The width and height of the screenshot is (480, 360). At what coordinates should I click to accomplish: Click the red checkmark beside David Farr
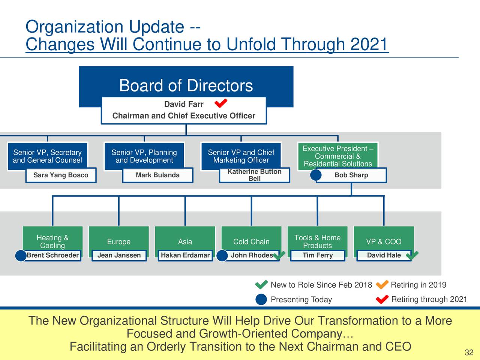(221, 103)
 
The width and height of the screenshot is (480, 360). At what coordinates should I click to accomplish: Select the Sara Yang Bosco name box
(61, 175)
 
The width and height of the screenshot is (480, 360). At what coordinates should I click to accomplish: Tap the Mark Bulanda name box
(157, 175)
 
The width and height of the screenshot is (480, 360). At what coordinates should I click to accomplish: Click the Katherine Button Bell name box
(254, 175)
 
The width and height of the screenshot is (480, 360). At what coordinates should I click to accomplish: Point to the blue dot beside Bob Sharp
(316, 175)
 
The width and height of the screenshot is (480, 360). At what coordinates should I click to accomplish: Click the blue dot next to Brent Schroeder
(21, 256)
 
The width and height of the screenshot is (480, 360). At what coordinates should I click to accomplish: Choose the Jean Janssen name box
(119, 255)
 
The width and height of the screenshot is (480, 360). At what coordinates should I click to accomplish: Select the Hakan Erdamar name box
(185, 255)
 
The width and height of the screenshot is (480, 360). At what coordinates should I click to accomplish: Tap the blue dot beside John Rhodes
(222, 256)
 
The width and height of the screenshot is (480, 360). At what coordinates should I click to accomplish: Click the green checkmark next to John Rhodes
(279, 255)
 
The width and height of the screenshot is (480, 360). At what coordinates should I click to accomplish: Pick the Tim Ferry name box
(318, 255)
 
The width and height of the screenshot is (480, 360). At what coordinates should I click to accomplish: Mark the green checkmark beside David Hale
(412, 255)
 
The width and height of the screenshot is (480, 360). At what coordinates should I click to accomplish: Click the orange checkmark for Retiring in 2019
(382, 285)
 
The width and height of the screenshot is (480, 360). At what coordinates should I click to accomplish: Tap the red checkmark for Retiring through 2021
(382, 299)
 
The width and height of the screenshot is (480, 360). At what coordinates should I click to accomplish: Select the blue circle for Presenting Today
(261, 300)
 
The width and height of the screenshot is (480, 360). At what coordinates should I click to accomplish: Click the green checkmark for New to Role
(261, 285)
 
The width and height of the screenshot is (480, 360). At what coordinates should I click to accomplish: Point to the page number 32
(469, 352)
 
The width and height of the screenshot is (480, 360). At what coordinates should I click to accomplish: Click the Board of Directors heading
(186, 85)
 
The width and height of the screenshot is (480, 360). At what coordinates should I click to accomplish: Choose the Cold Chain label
(251, 242)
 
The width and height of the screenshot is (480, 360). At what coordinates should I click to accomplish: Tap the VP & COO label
(384, 242)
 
